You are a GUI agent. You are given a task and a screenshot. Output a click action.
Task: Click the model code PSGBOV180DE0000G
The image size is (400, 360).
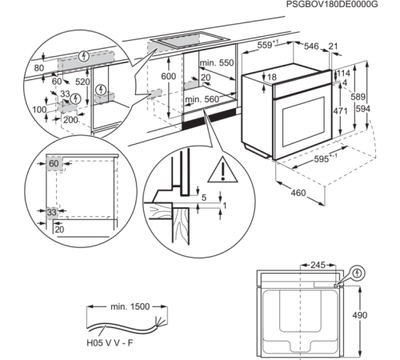click(x=332, y=4)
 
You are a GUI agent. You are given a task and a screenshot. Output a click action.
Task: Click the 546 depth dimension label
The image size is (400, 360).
click(x=311, y=46)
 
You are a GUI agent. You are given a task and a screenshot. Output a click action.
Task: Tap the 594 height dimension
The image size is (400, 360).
click(x=363, y=109)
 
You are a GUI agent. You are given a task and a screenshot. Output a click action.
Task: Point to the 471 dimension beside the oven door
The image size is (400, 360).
click(x=340, y=110)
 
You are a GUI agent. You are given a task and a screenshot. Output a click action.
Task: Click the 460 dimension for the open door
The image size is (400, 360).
click(x=298, y=193)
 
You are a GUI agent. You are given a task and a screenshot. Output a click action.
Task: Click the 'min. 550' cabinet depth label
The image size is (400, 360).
click(x=217, y=63)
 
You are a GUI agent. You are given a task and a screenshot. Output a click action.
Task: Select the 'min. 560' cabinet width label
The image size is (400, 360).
click(x=202, y=99)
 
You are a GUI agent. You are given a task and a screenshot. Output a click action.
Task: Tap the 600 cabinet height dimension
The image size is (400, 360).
click(x=169, y=76)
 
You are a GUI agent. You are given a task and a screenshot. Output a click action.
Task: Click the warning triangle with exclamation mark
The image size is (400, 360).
click(x=222, y=170)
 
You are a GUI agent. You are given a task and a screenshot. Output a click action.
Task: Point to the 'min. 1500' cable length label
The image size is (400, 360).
click(x=130, y=306)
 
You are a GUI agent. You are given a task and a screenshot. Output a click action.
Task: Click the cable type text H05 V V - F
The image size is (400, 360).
click(x=110, y=342)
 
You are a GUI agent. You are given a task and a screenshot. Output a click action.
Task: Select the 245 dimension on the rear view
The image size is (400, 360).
click(x=318, y=265)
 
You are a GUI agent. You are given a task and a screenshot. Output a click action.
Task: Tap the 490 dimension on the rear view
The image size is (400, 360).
click(x=360, y=315)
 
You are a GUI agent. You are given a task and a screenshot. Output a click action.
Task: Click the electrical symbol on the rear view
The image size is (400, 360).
click(x=358, y=274)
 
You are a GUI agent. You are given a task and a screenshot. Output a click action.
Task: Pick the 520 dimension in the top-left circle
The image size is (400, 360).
click(x=82, y=82)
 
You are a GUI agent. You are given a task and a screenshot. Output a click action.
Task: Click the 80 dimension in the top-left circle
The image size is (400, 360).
click(x=39, y=68)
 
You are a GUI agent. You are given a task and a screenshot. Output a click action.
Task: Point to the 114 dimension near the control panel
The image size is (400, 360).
click(x=344, y=74)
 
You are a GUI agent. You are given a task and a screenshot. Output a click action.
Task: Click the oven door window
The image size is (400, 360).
click(x=303, y=121)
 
